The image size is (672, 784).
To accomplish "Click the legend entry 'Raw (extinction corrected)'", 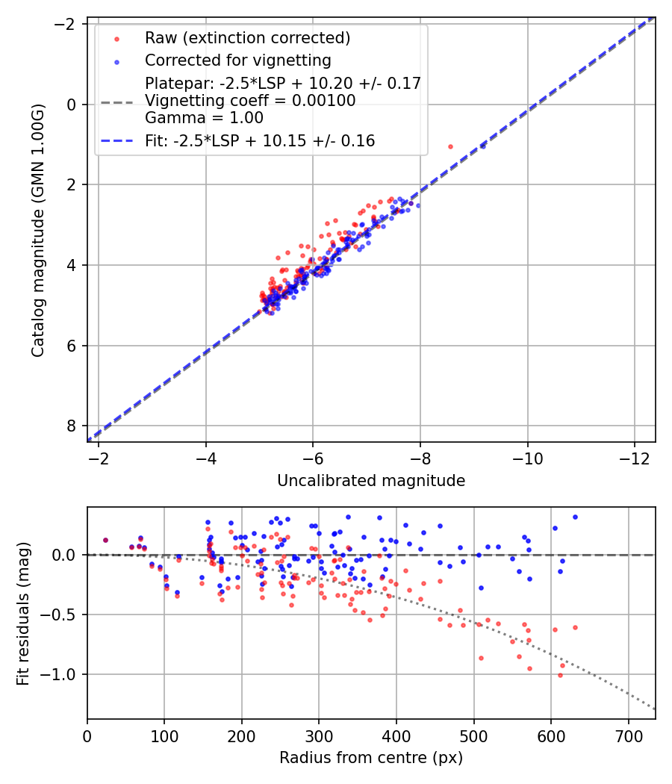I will (247, 38).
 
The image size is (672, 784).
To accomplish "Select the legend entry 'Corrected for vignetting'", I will (237, 60).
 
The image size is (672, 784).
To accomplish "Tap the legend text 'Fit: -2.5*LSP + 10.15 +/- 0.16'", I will (260, 140).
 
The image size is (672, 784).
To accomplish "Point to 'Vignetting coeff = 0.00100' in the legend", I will (250, 100).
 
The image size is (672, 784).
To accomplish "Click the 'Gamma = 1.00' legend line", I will (204, 117).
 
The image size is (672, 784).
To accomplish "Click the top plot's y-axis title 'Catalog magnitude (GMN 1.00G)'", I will (38, 230).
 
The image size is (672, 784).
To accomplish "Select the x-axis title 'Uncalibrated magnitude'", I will (371, 481).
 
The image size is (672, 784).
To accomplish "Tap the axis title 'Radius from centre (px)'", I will (371, 758).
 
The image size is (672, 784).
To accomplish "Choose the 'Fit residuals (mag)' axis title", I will (23, 613).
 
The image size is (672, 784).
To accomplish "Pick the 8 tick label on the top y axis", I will (72, 426).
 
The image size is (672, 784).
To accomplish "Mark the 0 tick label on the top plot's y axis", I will (72, 105).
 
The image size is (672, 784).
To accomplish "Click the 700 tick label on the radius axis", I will (628, 735).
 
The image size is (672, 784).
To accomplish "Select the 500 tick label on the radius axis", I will (473, 735).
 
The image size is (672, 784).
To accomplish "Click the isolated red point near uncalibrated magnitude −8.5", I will (450, 146).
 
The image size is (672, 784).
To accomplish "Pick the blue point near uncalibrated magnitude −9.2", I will (482, 146).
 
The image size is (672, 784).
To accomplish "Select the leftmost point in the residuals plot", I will (105, 540).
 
